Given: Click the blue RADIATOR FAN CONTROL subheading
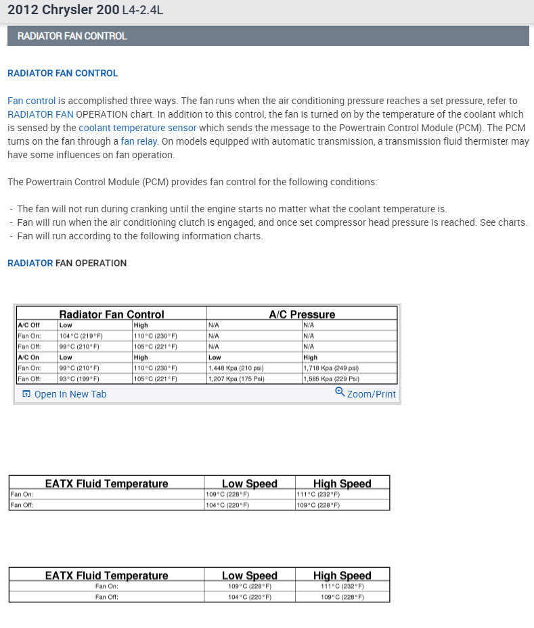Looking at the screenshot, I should [62, 73].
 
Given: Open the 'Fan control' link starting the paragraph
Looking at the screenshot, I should [31, 101].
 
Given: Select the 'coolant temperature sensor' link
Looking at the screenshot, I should [137, 127].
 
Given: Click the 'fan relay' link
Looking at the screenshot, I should [139, 141].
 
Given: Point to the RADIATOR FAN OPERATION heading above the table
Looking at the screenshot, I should [66, 263].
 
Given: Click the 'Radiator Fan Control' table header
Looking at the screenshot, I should [112, 314].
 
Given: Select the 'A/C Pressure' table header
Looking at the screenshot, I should [302, 314].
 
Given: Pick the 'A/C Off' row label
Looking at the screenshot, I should [29, 325].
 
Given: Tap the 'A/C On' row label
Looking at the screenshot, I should [29, 358].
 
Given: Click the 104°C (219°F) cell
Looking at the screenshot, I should [81, 336].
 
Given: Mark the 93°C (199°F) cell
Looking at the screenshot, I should [79, 379].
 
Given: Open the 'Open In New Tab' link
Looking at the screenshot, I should [70, 394].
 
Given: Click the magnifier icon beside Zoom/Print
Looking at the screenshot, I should [340, 392].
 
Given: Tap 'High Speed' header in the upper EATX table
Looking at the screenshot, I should [342, 483].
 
